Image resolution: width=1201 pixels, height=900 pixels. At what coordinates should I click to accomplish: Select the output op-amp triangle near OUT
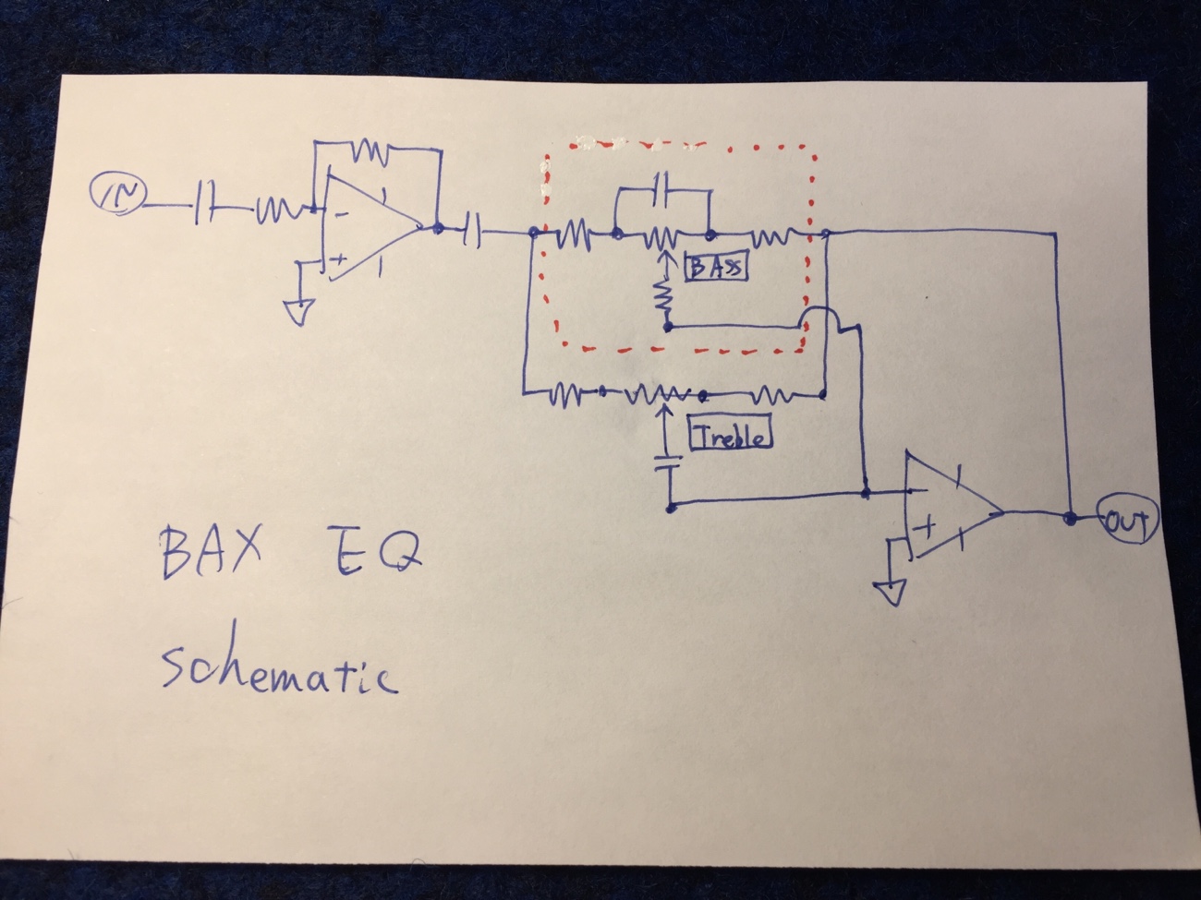pyautogui.click(x=952, y=510)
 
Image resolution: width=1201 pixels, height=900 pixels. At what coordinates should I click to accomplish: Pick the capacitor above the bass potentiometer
pyautogui.click(x=661, y=188)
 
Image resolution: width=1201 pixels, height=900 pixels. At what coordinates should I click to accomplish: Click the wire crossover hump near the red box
pyautogui.click(x=818, y=318)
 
